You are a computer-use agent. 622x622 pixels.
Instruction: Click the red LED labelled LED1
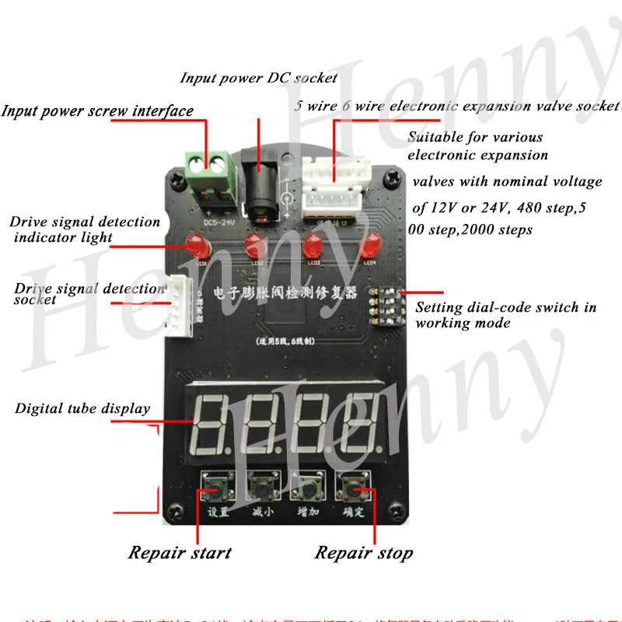click(197, 247)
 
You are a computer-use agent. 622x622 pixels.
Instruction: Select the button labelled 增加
click(306, 487)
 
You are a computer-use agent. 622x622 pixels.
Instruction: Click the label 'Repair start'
click(180, 553)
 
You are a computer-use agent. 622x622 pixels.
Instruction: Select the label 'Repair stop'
click(363, 553)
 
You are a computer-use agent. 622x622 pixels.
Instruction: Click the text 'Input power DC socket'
click(259, 78)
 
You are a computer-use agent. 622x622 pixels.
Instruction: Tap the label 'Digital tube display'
click(82, 408)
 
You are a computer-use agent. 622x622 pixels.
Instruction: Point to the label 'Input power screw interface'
click(97, 110)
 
